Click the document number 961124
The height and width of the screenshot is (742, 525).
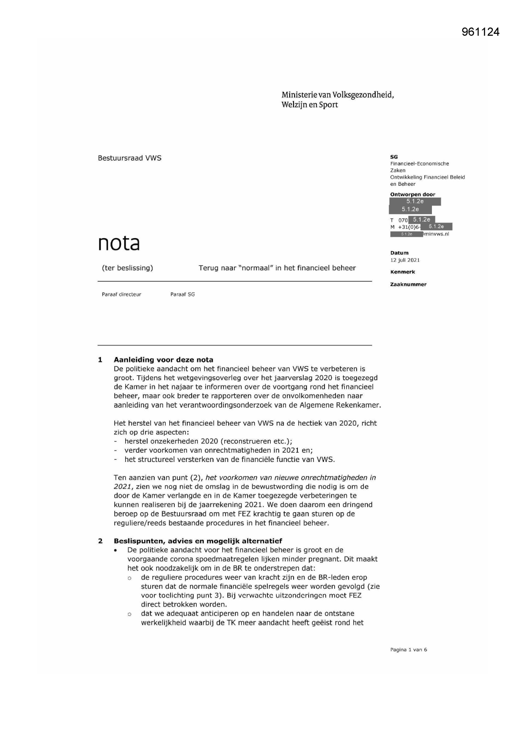tap(480, 32)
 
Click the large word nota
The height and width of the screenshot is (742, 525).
tap(118, 243)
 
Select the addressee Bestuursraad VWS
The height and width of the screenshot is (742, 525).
tap(129, 158)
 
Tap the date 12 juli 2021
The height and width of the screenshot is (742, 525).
tap(405, 260)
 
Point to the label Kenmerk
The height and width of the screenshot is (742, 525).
tap(402, 272)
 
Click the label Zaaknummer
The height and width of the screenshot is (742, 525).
tap(408, 285)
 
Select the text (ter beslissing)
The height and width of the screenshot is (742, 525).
tap(127, 268)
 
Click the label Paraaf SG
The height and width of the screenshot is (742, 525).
tap(182, 294)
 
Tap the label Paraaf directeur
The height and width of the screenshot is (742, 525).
tap(121, 294)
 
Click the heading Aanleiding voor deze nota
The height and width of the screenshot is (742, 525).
tap(163, 360)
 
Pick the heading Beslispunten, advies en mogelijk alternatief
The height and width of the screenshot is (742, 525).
tap(198, 541)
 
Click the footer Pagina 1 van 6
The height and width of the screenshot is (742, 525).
tap(408, 650)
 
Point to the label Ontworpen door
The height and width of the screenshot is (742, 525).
tap(412, 195)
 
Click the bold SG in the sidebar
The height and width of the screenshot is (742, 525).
tap(394, 157)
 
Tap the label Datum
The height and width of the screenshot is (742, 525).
tap(399, 253)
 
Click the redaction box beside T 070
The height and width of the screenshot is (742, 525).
tap(421, 220)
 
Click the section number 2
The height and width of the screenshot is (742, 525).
tap(100, 541)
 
